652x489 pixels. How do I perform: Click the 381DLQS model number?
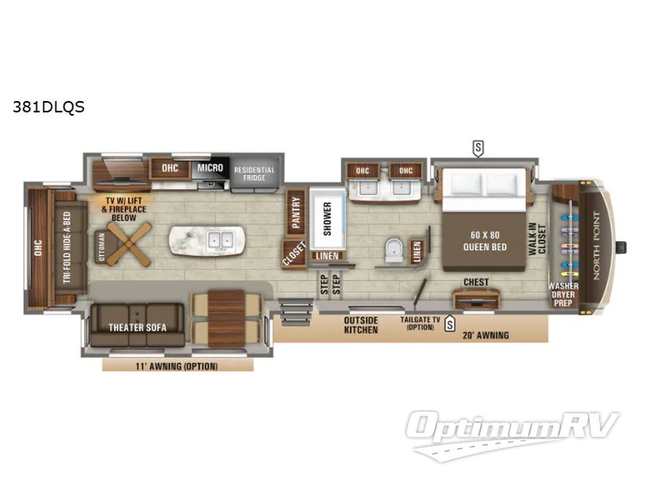49,107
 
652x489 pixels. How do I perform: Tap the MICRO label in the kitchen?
210,168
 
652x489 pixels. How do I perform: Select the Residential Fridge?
254,174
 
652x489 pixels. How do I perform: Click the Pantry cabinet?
296,213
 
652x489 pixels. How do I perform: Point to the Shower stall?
328,218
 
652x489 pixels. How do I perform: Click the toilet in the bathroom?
394,250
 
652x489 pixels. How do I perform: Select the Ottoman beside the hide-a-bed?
103,246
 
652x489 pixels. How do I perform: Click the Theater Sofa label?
137,328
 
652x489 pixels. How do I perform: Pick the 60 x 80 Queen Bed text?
485,240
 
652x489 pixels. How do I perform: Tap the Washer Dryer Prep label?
563,294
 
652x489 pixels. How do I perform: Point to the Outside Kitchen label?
361,325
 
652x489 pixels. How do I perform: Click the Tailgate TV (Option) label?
420,323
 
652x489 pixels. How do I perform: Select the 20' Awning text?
486,335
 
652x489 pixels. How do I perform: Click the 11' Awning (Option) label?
177,366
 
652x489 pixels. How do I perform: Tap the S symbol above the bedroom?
478,148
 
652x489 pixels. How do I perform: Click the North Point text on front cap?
597,245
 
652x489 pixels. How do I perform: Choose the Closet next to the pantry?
294,253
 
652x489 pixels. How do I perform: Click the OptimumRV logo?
513,434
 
